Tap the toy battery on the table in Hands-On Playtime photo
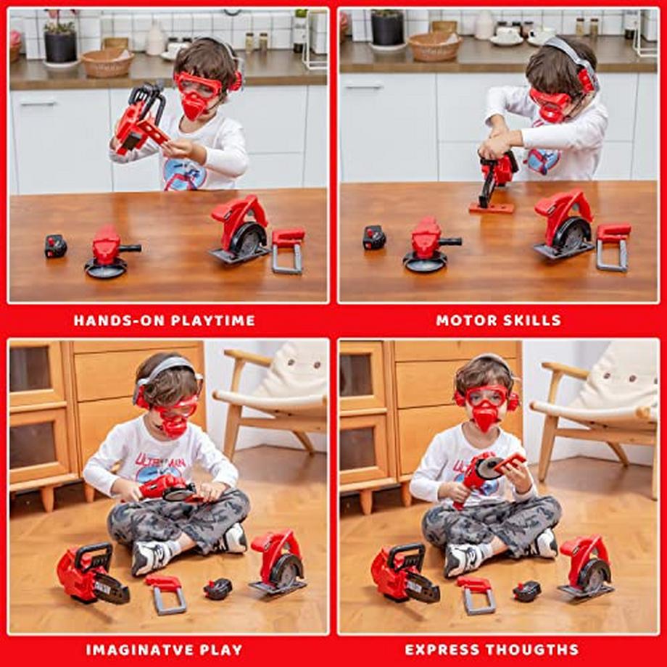[x=55, y=246]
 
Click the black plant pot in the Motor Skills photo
[x=387, y=28]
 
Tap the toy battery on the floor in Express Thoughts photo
[x=526, y=591]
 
